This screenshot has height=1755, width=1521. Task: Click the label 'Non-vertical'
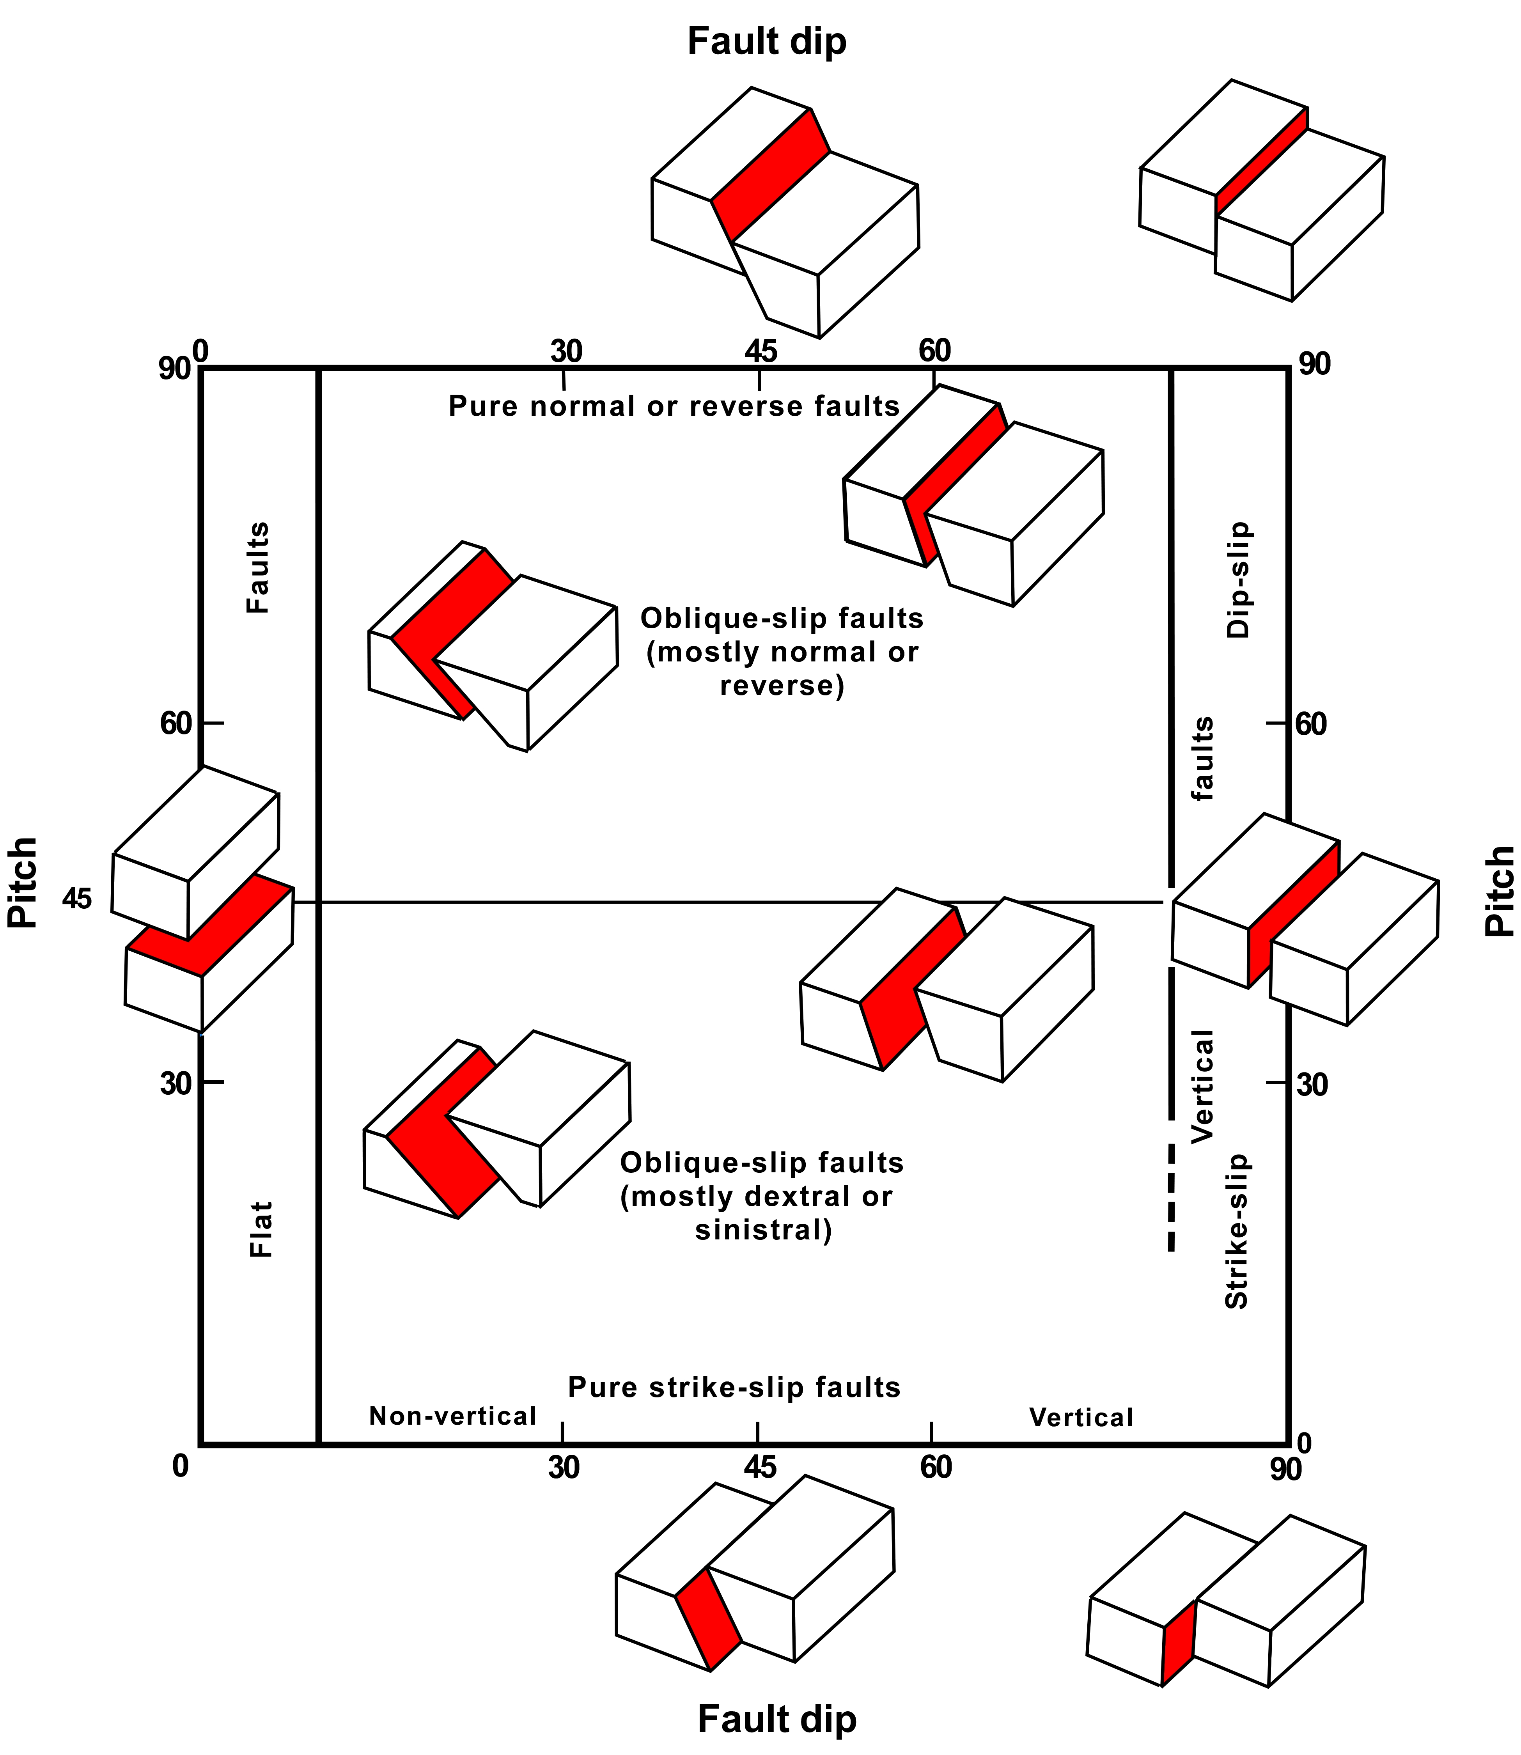point(452,1416)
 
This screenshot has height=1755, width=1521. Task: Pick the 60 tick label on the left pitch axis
point(177,724)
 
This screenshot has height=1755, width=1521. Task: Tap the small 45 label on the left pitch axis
point(76,899)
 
